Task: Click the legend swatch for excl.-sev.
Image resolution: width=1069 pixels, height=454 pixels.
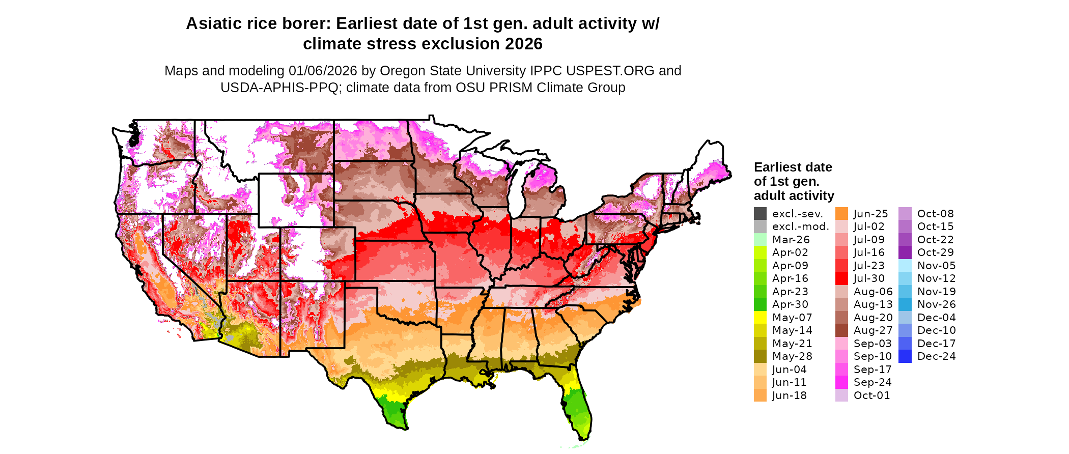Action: [x=760, y=214]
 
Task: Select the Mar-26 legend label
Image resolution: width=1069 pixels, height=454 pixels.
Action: [x=791, y=240]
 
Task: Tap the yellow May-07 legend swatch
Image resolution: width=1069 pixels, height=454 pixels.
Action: [x=760, y=318]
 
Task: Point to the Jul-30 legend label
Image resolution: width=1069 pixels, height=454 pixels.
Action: [x=869, y=278]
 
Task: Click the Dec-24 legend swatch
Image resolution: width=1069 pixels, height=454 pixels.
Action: [x=905, y=356]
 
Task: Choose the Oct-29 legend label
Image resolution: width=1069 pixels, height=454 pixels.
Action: [x=935, y=252]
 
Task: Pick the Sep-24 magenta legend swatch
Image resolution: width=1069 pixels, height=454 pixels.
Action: [x=841, y=382]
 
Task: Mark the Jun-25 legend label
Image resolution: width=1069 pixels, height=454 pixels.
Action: [x=870, y=214]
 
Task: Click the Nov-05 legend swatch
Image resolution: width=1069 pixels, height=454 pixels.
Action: [x=905, y=266]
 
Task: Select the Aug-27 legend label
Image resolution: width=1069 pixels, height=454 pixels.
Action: [x=873, y=330]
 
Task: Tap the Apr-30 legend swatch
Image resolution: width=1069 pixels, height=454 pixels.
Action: [x=760, y=304]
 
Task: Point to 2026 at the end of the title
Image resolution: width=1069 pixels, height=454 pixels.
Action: [x=524, y=44]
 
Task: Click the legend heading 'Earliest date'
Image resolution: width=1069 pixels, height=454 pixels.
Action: [x=793, y=167]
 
